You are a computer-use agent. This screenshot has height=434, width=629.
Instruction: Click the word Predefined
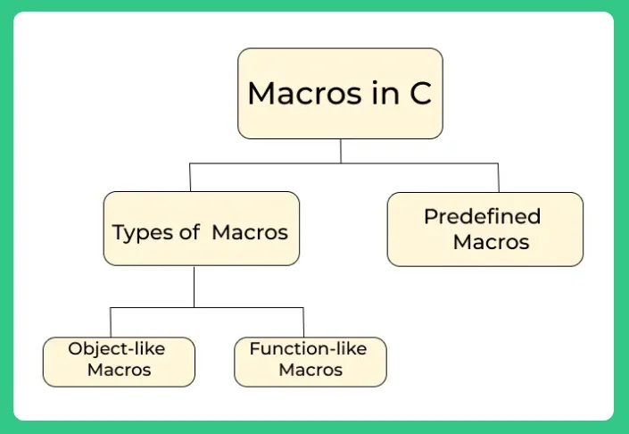(482, 216)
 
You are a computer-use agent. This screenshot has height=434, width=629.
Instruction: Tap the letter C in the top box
(420, 94)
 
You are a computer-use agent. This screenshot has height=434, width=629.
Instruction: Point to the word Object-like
(117, 348)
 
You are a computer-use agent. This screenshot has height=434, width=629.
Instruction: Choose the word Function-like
(308, 348)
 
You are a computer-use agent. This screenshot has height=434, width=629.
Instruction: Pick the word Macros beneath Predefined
(491, 242)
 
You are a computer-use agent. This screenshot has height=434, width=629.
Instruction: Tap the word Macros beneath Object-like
(119, 370)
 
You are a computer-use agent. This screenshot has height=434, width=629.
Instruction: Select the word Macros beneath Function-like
(310, 370)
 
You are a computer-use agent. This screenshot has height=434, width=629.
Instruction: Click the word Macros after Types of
(249, 233)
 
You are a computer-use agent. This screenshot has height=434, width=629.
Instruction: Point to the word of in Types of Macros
(189, 233)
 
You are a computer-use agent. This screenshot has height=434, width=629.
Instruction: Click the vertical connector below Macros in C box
(340, 151)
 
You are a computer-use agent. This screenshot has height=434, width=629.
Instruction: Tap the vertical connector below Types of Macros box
(194, 287)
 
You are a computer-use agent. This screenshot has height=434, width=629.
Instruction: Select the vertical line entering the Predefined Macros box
(499, 178)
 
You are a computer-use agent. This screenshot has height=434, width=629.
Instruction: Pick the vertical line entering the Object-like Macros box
(111, 322)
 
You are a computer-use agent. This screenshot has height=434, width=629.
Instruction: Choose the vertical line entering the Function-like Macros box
(303, 322)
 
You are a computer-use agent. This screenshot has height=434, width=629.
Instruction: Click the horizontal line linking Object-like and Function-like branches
(207, 308)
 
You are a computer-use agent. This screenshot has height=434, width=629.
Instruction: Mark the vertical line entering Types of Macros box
(190, 178)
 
